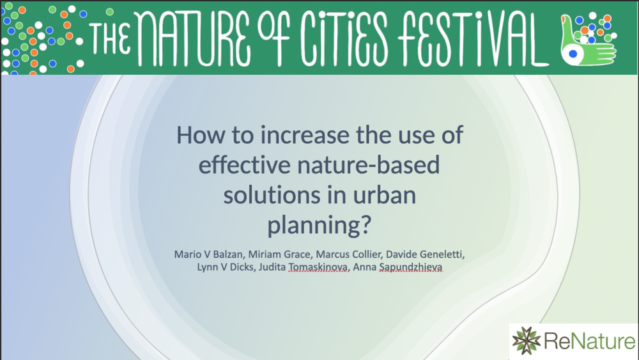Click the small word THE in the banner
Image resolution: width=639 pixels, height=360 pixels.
(x=110, y=39)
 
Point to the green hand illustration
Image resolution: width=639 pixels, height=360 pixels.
(x=587, y=41)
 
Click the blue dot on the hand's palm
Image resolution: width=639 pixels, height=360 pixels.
(x=573, y=54)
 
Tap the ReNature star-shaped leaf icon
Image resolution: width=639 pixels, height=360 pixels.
(x=526, y=340)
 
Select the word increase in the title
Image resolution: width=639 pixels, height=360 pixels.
(x=305, y=135)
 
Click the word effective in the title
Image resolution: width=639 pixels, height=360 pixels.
(x=244, y=165)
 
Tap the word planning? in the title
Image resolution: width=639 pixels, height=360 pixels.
(x=319, y=226)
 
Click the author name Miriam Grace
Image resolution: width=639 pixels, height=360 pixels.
(x=280, y=254)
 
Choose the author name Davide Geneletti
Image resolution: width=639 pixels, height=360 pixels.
(x=425, y=254)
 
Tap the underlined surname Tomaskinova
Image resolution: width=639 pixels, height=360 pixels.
(x=318, y=267)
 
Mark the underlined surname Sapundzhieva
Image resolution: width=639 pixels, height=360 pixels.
(x=411, y=267)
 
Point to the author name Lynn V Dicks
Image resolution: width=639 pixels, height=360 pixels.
(x=226, y=267)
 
